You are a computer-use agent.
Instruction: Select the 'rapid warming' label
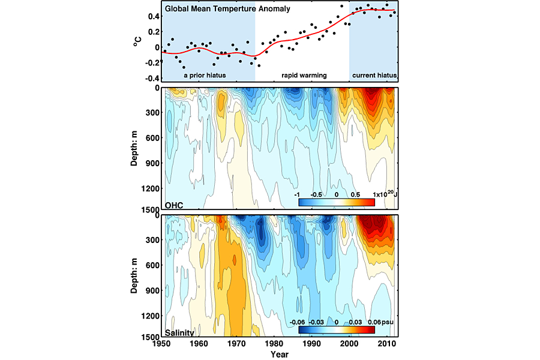click(304, 75)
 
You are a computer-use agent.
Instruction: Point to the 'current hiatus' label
click(374, 75)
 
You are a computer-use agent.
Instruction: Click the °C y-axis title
click(136, 42)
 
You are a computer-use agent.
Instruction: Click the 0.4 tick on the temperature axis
click(153, 16)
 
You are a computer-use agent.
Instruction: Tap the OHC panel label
click(174, 205)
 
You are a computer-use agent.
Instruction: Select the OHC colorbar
click(337, 202)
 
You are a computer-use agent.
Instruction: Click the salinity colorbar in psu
click(337, 329)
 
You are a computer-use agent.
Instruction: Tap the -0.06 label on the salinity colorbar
click(298, 322)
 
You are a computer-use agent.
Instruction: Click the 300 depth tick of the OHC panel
click(152, 113)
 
